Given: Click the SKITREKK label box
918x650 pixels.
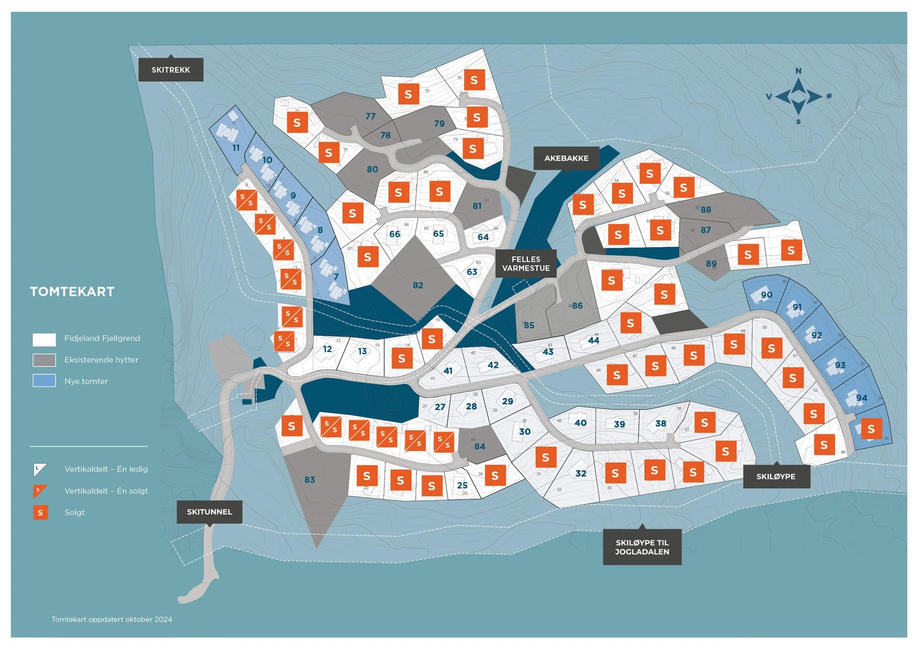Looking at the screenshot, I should pos(171,70).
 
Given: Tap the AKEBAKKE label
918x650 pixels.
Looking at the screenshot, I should pos(566,158).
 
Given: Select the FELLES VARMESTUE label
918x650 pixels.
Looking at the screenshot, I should pos(526,264).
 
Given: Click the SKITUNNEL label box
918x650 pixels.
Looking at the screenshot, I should pos(209,512).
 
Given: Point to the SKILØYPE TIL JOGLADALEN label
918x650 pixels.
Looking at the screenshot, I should pos(642,547).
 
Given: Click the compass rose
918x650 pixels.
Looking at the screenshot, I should pos(798,96).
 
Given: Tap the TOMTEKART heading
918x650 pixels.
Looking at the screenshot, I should pos(72,292).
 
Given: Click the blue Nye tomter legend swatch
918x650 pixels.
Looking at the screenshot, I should pos(44,381).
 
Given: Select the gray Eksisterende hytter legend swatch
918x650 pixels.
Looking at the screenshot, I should pos(44,360).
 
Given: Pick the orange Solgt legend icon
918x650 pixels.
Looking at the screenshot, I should pos(40,512).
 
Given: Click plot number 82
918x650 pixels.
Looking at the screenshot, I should pos(418,285).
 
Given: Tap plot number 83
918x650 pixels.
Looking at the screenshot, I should pos(310,479).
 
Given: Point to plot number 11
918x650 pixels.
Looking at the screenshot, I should pos(236,148).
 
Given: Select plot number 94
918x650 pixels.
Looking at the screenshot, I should pos(861,398).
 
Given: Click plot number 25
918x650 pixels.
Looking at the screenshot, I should pos(462,485).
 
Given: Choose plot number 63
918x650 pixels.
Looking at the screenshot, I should pos(472,272).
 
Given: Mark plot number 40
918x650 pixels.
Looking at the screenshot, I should pos(581,423).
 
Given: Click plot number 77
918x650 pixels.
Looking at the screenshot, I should pos(371,116).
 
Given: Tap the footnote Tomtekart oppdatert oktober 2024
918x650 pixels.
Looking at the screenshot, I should pos(112,619).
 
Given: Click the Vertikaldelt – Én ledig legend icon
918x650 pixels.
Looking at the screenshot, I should pos(40,470).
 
